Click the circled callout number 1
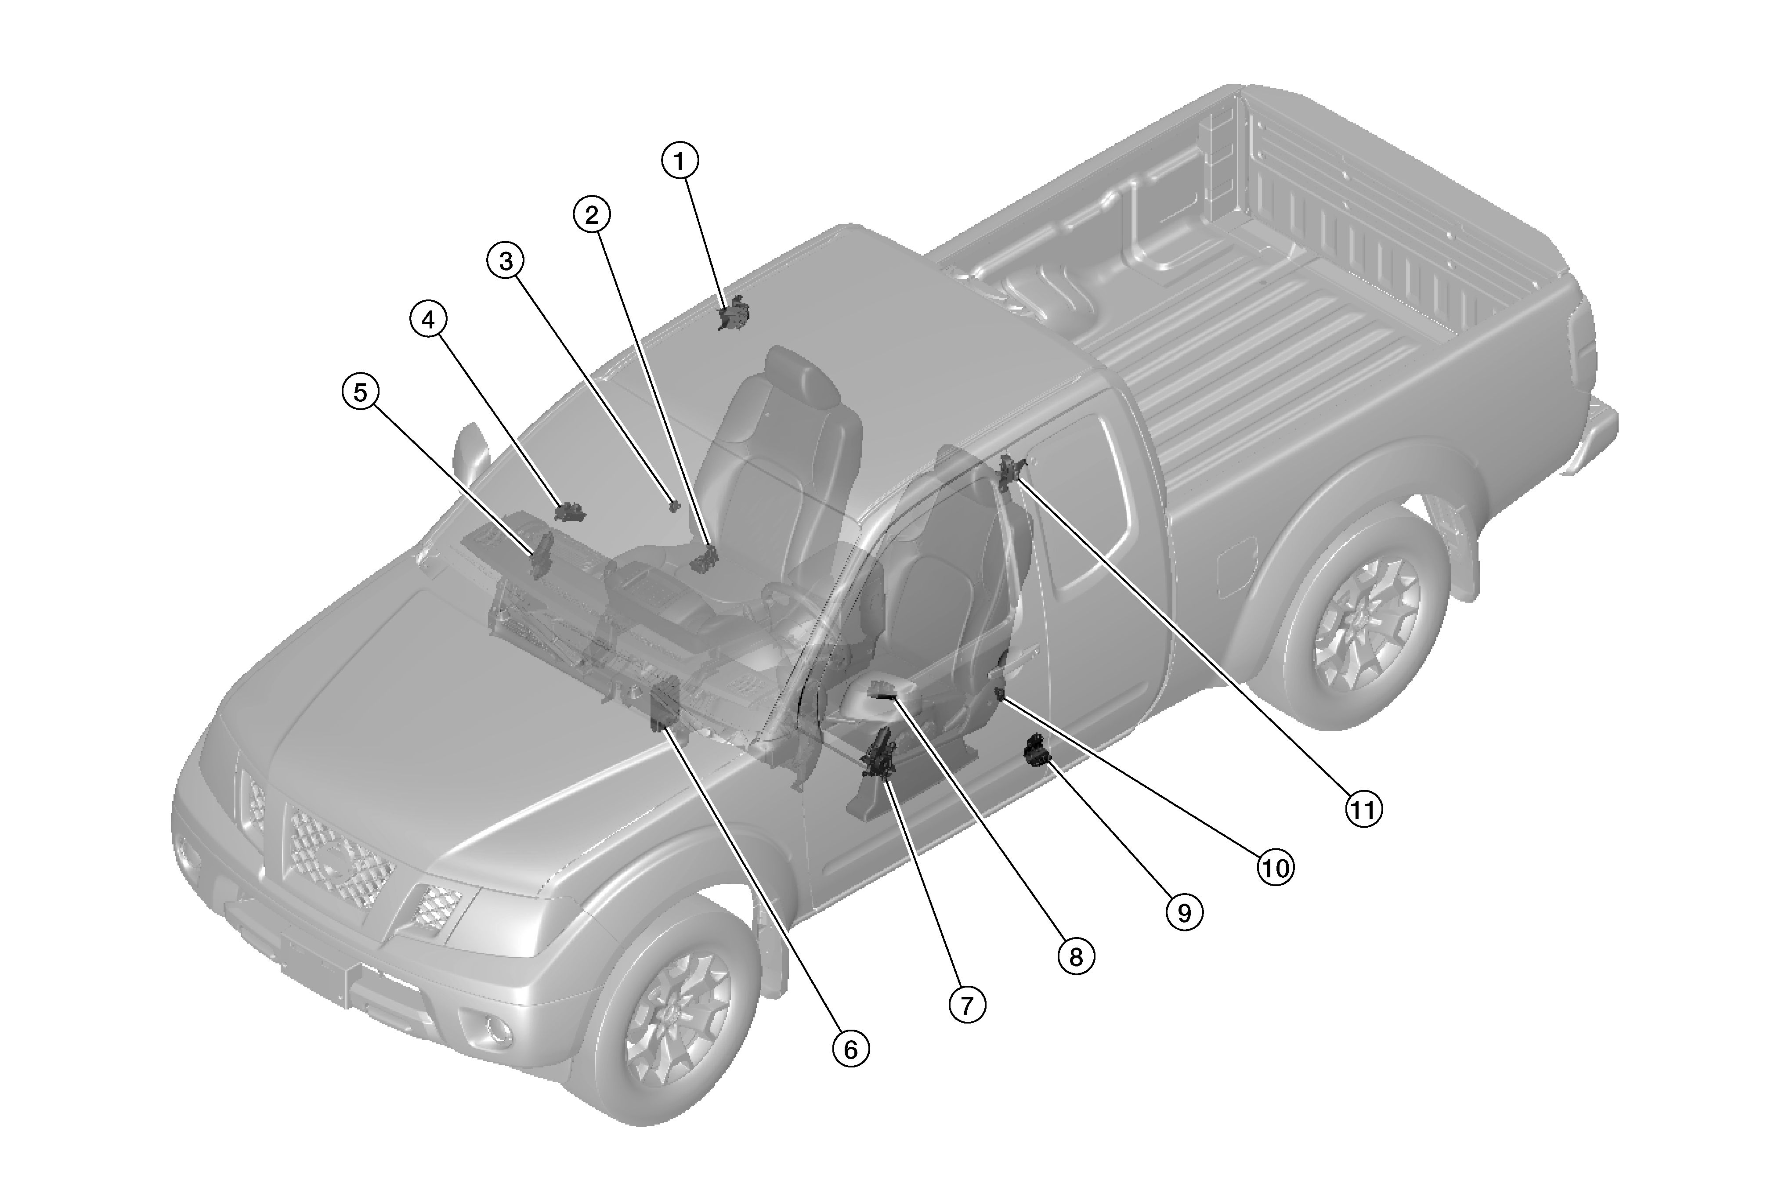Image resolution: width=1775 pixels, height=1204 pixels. (680, 161)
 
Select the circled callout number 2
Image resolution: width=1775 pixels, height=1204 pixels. (592, 215)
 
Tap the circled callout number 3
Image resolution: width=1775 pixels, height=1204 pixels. (506, 261)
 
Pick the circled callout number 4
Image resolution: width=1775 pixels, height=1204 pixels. (428, 321)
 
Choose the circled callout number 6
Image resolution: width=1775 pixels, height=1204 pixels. (851, 1050)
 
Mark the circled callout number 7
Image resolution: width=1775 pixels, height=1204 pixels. (967, 1005)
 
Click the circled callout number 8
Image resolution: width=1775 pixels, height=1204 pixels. (1076, 957)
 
